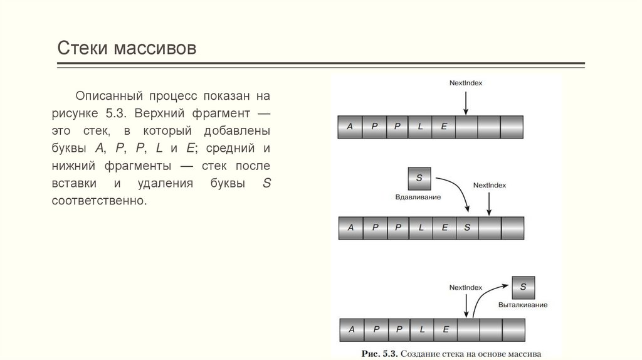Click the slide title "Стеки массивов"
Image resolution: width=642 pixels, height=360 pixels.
tap(127, 48)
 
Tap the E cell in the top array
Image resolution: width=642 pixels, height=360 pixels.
tap(443, 126)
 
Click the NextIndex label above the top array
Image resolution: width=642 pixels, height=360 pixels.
tap(466, 83)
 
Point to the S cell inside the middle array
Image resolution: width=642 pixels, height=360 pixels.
tap(467, 228)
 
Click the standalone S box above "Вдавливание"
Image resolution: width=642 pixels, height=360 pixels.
tap(419, 178)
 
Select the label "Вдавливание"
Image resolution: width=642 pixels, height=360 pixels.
tap(418, 197)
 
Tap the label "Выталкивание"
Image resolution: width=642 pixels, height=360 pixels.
tap(523, 305)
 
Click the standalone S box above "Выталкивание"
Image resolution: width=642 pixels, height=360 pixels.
tap(524, 287)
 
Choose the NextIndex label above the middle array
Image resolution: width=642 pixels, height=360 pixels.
tap(489, 185)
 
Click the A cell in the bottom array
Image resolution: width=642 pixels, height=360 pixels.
tap(352, 329)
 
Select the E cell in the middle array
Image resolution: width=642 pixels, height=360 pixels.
tap(445, 228)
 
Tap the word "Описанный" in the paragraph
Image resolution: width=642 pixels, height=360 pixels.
tap(109, 96)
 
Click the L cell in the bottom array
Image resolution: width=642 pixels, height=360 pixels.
tap(422, 329)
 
